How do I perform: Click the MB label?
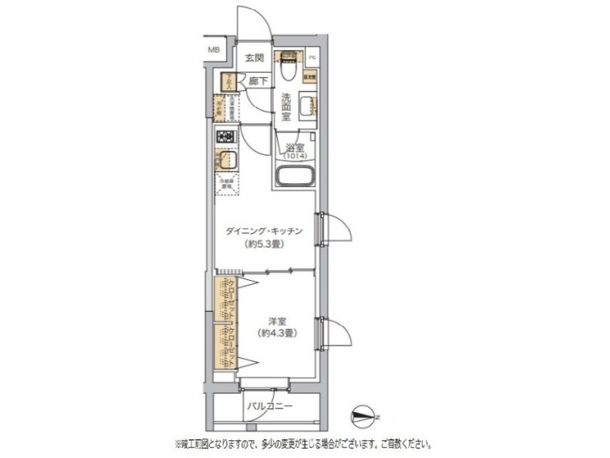[x=214, y=49]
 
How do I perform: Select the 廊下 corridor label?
[x=258, y=81]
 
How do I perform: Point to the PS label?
[x=312, y=58]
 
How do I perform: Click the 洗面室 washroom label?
[x=286, y=108]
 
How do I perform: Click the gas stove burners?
[x=225, y=137]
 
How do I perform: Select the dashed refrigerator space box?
[x=225, y=185]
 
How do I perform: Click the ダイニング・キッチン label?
[x=265, y=231]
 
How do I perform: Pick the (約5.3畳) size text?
[x=265, y=244]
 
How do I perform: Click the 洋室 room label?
[x=276, y=320]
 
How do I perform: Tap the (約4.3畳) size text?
[x=276, y=333]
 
